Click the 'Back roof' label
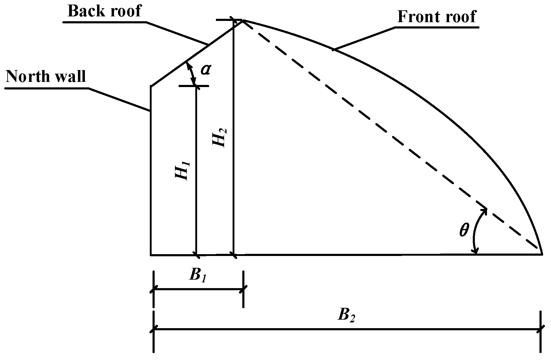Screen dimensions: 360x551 pyautogui.click(x=104, y=11)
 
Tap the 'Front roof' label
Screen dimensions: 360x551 pyautogui.click(x=437, y=17)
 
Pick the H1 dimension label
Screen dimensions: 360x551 pyautogui.click(x=183, y=171)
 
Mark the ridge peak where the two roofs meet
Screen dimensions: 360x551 pyautogui.click(x=243, y=20)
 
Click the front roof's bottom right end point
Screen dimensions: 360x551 pyautogui.click(x=542, y=254)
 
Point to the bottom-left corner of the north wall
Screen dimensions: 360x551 pyautogui.click(x=151, y=255)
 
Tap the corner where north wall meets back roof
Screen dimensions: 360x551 pyautogui.click(x=151, y=86)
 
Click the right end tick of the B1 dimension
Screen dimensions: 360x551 pyautogui.click(x=243, y=289)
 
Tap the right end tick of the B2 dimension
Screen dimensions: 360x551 pyautogui.click(x=540, y=329)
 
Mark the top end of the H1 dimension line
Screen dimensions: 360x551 pyautogui.click(x=197, y=86)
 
